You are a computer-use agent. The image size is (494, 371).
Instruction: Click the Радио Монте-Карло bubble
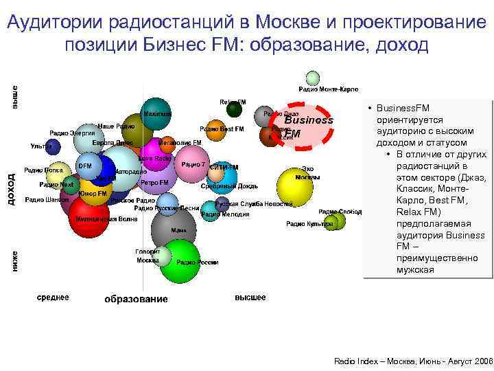(313, 78)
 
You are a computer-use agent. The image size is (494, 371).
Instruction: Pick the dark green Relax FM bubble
(235, 109)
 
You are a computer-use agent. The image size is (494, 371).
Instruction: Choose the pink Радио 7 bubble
(194, 165)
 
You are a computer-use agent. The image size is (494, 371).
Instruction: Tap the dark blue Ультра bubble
(53, 146)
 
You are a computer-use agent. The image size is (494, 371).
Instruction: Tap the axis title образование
(135, 299)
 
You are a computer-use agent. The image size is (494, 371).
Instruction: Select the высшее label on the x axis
(250, 297)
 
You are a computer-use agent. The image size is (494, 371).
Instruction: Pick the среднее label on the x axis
(53, 297)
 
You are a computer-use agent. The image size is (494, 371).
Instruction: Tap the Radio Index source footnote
(412, 361)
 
